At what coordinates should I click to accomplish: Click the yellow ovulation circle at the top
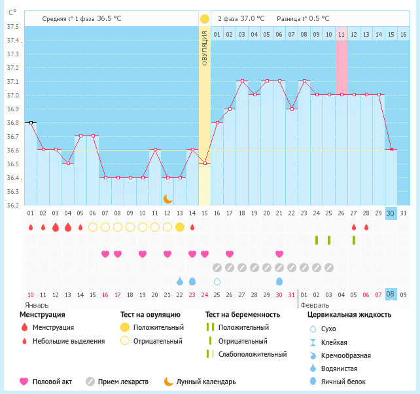205,19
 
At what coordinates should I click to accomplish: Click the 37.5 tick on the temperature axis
12,27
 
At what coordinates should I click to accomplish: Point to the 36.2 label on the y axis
12,206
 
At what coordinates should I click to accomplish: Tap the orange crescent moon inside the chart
167,198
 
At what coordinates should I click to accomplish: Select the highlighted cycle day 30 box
391,213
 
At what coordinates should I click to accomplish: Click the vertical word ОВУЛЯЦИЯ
205,49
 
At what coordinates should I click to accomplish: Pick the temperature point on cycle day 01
30,122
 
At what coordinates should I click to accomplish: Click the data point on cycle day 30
391,150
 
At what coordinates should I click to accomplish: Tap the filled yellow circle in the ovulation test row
180,227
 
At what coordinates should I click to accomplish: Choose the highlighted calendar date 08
391,295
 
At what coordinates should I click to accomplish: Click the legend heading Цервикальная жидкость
349,315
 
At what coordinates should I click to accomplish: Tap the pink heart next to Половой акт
25,382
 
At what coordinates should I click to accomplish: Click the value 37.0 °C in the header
252,19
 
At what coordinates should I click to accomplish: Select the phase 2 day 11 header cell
341,34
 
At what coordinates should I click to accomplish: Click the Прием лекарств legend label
123,382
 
